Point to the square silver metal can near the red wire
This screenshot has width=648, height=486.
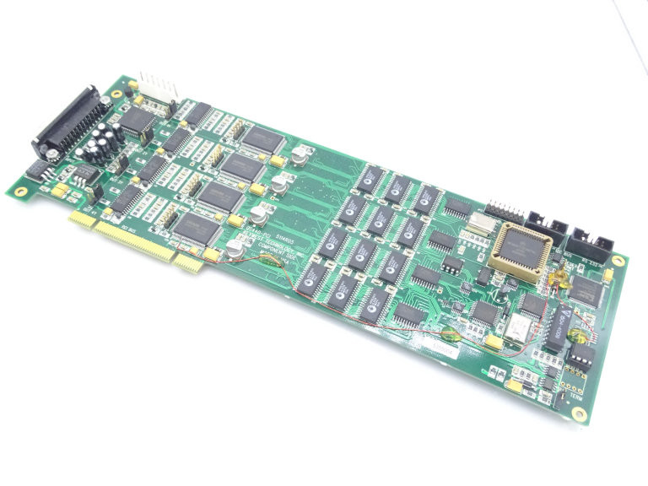tap(516, 330)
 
